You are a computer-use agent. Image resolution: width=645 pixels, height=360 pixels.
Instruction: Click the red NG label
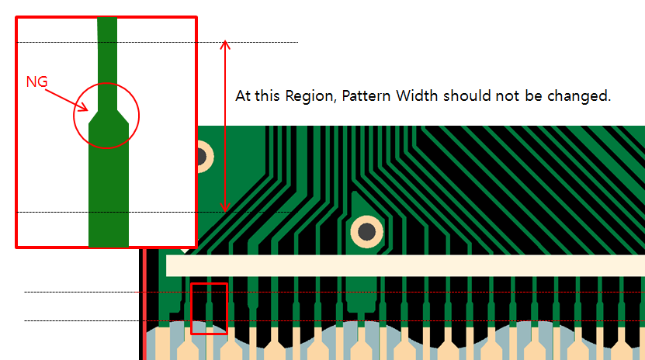coord(36,81)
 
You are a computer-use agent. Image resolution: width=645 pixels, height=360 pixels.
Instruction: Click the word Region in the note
coord(311,97)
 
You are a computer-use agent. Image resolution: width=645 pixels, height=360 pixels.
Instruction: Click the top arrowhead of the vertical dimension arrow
coord(226,44)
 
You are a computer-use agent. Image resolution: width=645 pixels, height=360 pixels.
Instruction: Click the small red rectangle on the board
coord(209,308)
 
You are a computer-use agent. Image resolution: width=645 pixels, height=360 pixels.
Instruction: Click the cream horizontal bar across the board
coord(404,265)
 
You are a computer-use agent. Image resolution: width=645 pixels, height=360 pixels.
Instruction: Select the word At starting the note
coord(243,97)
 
